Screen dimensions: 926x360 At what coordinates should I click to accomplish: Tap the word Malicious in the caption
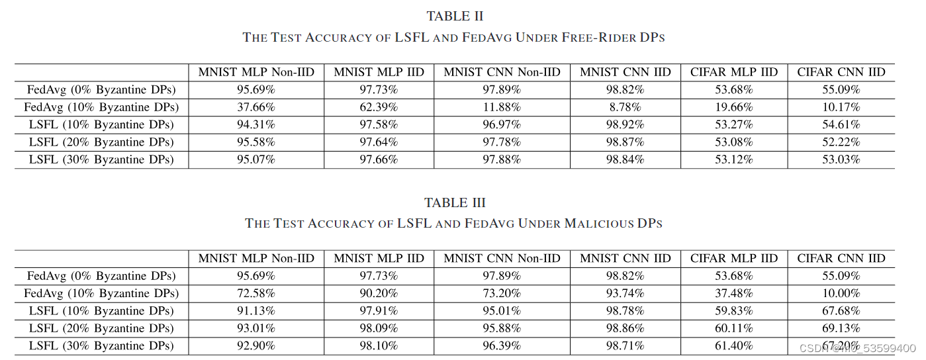pyautogui.click(x=591, y=223)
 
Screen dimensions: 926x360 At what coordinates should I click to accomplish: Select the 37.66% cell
pyautogui.click(x=256, y=107)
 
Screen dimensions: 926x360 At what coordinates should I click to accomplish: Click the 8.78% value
pyautogui.click(x=625, y=107)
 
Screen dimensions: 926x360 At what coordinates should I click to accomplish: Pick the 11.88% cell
pyautogui.click(x=502, y=107)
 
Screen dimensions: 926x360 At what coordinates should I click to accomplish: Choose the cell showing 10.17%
pyautogui.click(x=841, y=107)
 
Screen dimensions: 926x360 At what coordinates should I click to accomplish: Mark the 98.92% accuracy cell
pyautogui.click(x=625, y=124)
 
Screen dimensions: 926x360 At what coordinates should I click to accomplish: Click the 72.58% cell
pyautogui.click(x=256, y=293)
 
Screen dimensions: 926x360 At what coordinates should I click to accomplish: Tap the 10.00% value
pyautogui.click(x=841, y=293)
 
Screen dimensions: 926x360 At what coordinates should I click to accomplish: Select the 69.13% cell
pyautogui.click(x=841, y=328)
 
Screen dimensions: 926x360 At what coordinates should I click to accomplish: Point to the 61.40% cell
pyautogui.click(x=734, y=345)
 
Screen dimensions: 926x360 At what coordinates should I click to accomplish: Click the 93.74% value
pyautogui.click(x=625, y=293)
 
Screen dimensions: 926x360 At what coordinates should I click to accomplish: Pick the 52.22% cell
pyautogui.click(x=841, y=142)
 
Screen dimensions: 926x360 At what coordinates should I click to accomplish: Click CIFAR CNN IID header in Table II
pyautogui.click(x=841, y=72)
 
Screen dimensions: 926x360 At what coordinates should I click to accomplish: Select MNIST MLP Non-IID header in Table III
pyautogui.click(x=256, y=258)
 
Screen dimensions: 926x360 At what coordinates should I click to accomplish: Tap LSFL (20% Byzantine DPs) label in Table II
pyautogui.click(x=101, y=142)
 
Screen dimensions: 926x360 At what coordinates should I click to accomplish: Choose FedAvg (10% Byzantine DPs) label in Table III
pyautogui.click(x=101, y=293)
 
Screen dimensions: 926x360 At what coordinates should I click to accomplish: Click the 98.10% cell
pyautogui.click(x=379, y=345)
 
